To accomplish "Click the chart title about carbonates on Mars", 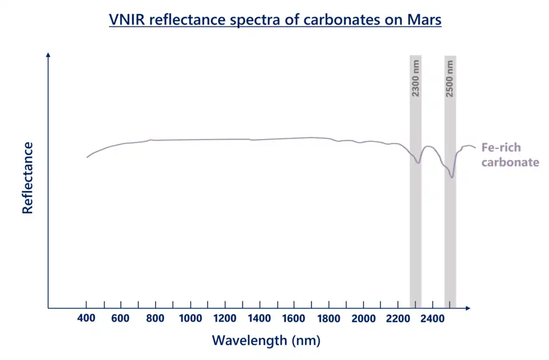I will pyautogui.click(x=274, y=19).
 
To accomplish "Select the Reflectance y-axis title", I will pyautogui.click(x=27, y=178).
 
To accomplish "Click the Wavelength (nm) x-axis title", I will pyautogui.click(x=266, y=341).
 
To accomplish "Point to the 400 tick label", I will pyautogui.click(x=86, y=319).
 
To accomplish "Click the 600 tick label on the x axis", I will pyautogui.click(x=121, y=319).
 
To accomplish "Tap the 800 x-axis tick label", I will pyautogui.click(x=155, y=319).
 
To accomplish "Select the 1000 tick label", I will pyautogui.click(x=190, y=319).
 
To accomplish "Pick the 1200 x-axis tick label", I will pyautogui.click(x=225, y=319).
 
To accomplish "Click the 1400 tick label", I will pyautogui.click(x=260, y=319).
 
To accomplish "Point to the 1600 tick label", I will pyautogui.click(x=294, y=319).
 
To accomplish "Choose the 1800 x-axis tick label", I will pyautogui.click(x=329, y=319).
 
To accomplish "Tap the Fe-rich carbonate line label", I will pyautogui.click(x=510, y=155).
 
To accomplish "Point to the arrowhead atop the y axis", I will pyautogui.click(x=49, y=55).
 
